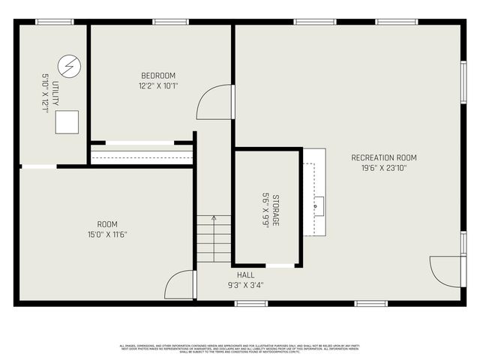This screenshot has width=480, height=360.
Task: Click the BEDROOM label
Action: point(158,76)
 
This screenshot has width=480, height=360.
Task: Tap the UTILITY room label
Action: point(55,93)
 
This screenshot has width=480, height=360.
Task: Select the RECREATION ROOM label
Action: point(383,157)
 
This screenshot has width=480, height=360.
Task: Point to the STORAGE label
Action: point(275,210)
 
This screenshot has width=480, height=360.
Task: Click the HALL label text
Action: point(245,274)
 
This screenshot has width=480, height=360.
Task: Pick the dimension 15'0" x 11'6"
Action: point(107,235)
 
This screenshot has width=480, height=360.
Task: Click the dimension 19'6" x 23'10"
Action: point(383,168)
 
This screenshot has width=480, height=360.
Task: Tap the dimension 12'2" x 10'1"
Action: point(158,86)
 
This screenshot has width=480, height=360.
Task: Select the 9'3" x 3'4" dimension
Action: point(245,285)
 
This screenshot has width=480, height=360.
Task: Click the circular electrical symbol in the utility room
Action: point(67,66)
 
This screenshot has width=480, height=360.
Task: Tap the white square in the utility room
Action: point(66,121)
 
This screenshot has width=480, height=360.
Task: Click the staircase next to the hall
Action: point(214,238)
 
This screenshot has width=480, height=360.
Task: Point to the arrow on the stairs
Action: point(214,219)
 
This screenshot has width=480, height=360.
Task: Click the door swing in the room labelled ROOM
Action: point(180,285)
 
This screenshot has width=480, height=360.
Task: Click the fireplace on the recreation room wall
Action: point(314,192)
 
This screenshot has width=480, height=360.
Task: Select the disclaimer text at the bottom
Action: point(240,348)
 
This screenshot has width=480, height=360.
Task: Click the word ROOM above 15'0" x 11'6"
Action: point(107,224)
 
